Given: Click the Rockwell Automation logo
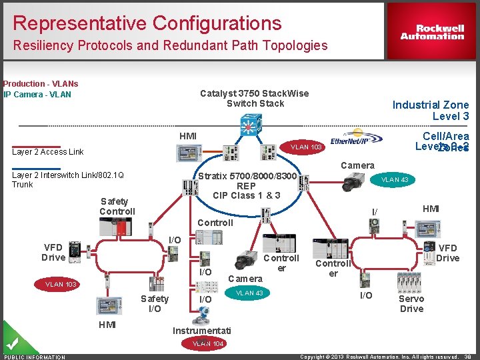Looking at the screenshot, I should point(432,32).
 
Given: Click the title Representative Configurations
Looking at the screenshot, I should point(147,23).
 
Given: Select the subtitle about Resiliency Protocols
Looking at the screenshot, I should point(170,45).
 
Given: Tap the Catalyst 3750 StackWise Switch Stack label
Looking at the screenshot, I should point(255,98).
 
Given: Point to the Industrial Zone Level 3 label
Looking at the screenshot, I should point(430,110).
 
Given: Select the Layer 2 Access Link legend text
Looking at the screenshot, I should point(48,152).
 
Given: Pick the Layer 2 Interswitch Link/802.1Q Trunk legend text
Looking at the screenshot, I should point(67,179).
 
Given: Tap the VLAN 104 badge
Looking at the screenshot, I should point(208,344).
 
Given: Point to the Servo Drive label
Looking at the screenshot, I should point(411,303).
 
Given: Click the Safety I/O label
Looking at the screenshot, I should point(154,303).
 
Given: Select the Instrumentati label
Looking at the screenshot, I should point(201,331).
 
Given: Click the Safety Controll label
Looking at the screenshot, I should point(117,206).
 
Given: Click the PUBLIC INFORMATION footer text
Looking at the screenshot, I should point(35,357).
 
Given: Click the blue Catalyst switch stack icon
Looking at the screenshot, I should point(251,125).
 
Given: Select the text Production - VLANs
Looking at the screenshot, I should point(40,84).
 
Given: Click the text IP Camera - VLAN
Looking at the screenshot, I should point(37,94).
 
